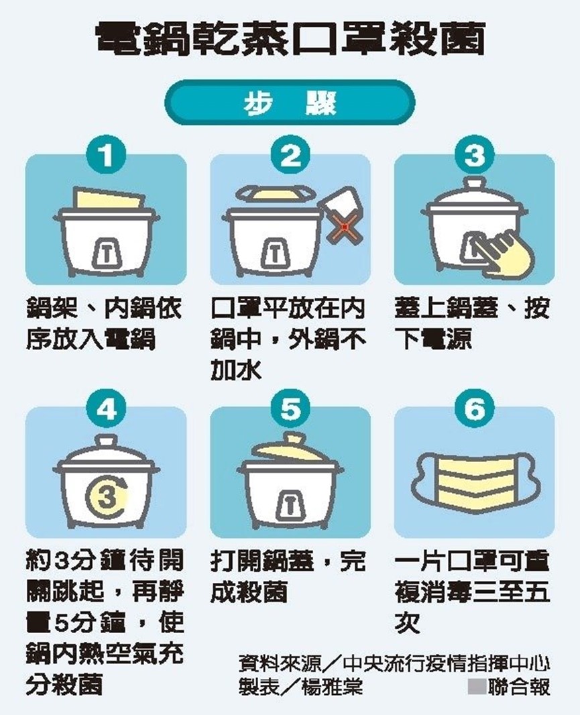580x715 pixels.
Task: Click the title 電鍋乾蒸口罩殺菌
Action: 290,40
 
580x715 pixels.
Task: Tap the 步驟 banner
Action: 290,103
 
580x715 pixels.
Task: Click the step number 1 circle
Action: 106,155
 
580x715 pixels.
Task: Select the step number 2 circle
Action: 290,155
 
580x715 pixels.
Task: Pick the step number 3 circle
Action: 475,155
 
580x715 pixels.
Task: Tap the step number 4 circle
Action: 106,410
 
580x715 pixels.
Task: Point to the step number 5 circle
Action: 290,410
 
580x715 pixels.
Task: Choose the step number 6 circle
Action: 475,410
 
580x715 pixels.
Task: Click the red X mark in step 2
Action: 346,226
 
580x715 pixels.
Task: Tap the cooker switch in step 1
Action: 106,254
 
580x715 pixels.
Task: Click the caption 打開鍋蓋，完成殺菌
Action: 288,577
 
